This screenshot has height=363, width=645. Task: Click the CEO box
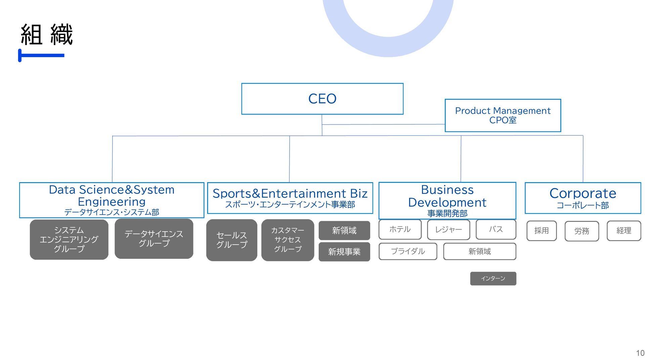tap(322, 99)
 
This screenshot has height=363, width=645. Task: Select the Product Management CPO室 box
tap(503, 115)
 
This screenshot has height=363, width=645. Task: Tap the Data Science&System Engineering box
tap(112, 200)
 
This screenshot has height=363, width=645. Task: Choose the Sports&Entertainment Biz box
tap(290, 198)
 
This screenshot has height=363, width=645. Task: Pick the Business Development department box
tap(447, 201)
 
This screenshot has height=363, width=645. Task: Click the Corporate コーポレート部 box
tap(583, 198)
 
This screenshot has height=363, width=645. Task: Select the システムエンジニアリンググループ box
tap(69, 239)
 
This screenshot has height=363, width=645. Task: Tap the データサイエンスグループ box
tap(154, 239)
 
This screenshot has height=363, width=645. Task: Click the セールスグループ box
tap(231, 240)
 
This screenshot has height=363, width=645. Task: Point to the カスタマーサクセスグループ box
tap(288, 240)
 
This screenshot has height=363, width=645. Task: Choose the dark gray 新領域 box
tap(344, 231)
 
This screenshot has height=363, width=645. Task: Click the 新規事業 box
tap(344, 252)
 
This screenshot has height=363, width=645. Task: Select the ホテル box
tap(400, 230)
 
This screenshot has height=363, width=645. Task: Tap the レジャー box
tap(448, 230)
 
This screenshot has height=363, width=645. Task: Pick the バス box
tap(496, 230)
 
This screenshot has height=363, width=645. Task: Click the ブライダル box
tap(408, 251)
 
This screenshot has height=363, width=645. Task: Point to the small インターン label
tap(493, 279)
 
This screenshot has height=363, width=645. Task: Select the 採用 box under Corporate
tap(541, 231)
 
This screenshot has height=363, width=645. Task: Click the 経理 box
tap(623, 231)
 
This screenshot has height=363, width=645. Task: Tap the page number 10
tap(640, 353)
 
